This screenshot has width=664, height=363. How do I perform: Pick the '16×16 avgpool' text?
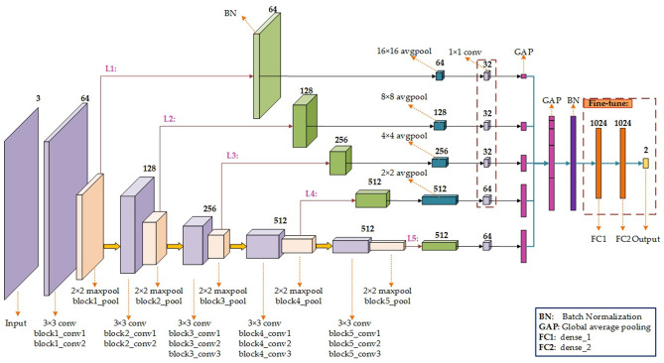(x=406, y=50)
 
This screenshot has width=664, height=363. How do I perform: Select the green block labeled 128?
(x=303, y=128)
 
